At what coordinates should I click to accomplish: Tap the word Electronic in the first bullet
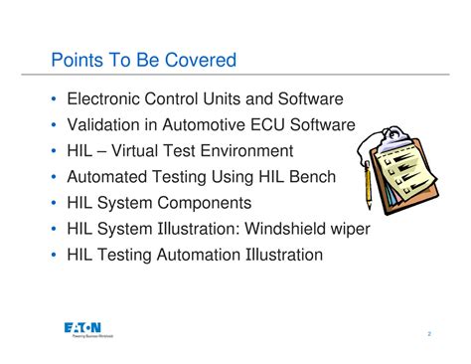pos(105,99)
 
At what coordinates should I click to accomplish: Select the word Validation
pos(104,125)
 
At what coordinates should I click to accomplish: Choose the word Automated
pos(107,177)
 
